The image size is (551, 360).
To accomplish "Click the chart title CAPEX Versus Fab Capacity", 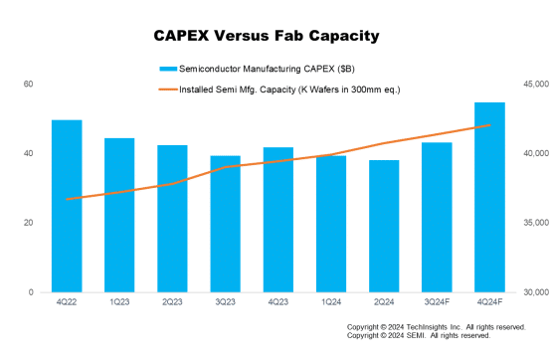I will [266, 36].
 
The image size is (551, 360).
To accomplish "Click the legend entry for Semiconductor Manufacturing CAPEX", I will [249, 70].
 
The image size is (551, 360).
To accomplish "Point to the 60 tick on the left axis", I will [29, 84].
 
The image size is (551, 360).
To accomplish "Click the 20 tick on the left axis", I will [29, 223].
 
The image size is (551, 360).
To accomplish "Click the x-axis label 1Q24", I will [330, 302].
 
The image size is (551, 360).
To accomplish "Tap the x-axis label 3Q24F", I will [437, 302].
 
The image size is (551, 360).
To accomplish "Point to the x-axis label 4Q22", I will [67, 302].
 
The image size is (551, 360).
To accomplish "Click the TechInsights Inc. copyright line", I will [436, 326].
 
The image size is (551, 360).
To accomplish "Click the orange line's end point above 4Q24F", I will [490, 125].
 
